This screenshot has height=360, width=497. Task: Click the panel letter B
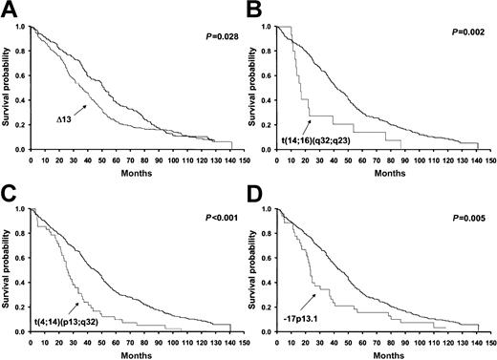click(x=259, y=10)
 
